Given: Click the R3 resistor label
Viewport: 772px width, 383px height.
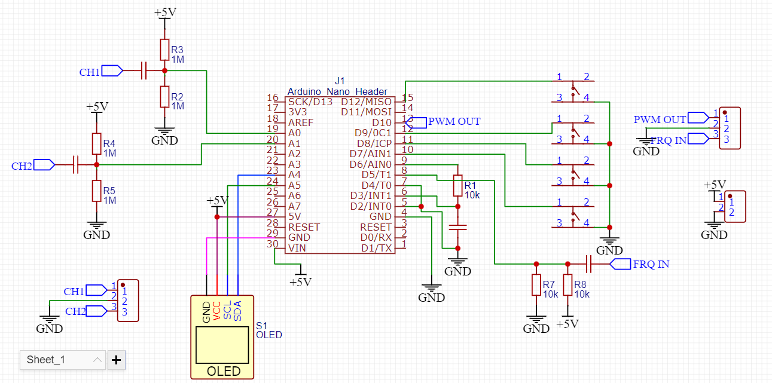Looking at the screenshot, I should (x=177, y=50).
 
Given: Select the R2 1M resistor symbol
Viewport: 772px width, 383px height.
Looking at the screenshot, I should (x=164, y=96).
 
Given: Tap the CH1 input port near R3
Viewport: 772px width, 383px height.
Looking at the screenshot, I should (x=112, y=71).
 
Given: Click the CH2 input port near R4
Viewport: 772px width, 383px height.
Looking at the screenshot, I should (x=44, y=164).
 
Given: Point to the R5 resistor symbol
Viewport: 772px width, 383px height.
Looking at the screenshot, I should (x=96, y=190).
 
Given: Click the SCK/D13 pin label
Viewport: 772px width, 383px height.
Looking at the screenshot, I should (x=310, y=102).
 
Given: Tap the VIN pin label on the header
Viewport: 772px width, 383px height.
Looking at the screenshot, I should (x=298, y=248).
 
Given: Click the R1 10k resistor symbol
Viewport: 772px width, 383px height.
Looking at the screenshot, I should (x=457, y=185).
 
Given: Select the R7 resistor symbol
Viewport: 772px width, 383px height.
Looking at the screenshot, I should (x=536, y=285).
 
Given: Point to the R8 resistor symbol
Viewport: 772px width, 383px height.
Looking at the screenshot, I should (x=567, y=285).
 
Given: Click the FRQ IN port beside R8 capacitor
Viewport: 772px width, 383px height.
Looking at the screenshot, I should (x=620, y=263).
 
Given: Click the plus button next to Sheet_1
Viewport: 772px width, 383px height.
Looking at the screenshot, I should (x=116, y=360).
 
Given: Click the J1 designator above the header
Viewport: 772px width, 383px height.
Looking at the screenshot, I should (x=340, y=81).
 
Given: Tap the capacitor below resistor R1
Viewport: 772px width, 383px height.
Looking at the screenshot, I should (x=457, y=227).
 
